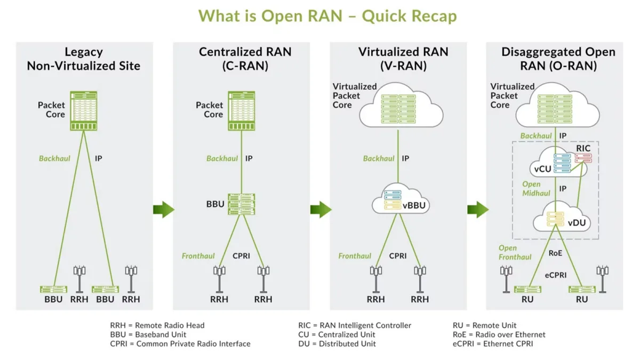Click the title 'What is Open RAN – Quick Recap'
click(x=327, y=16)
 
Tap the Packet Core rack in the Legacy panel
click(x=83, y=111)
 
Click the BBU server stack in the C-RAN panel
click(x=242, y=204)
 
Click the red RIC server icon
click(x=583, y=158)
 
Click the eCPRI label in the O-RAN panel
click(x=555, y=275)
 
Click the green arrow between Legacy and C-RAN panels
click(x=163, y=209)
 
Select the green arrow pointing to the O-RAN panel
click(x=477, y=209)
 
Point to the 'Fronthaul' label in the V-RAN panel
click(x=355, y=256)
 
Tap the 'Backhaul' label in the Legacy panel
click(x=54, y=158)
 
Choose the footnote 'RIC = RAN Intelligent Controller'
click(x=355, y=325)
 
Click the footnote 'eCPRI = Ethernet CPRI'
click(x=492, y=343)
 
